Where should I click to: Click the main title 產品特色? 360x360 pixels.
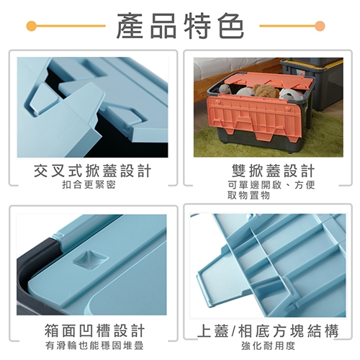click(x=180, y=26)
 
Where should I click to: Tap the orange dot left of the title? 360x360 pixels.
click(x=32, y=26)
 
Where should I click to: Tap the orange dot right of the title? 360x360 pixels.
click(x=320, y=26)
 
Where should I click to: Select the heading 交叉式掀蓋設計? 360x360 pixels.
click(x=93, y=171)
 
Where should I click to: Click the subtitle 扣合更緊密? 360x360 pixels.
click(x=89, y=184)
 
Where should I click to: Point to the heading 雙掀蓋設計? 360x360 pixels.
click(x=273, y=171)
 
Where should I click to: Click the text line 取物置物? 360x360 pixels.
click(x=248, y=195)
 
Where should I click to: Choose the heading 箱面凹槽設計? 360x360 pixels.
click(x=94, y=330)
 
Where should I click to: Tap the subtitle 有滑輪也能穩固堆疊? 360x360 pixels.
click(x=94, y=346)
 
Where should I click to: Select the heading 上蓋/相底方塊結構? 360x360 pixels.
click(x=268, y=330)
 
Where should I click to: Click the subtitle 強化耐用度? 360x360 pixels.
click(x=268, y=346)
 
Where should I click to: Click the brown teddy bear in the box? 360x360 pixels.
click(x=264, y=91)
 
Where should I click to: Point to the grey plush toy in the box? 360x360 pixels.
click(x=225, y=89)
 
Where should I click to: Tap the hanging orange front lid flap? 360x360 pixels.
click(x=254, y=116)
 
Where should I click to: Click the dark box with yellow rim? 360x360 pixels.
click(x=312, y=81)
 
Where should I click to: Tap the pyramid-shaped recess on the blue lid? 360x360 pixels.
click(x=91, y=260)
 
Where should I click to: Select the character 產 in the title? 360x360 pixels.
click(x=130, y=26)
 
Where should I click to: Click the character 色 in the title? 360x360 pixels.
click(x=232, y=26)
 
